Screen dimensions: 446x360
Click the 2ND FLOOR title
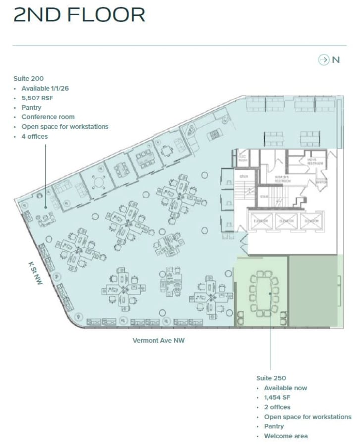click(x=79, y=15)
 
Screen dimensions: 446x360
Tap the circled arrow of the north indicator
click(x=324, y=60)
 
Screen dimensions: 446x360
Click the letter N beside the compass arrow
click(x=336, y=60)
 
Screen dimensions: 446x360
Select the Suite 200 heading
click(x=29, y=78)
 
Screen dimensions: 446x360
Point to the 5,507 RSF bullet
click(x=37, y=98)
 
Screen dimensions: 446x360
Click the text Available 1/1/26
click(x=45, y=88)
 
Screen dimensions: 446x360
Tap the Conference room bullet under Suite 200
click(x=48, y=117)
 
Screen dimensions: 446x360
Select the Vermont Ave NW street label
click(x=158, y=340)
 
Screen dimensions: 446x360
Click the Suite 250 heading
click(x=271, y=378)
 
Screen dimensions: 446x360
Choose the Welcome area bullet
click(x=286, y=436)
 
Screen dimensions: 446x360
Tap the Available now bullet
click(x=285, y=388)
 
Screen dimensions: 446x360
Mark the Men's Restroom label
click(x=314, y=162)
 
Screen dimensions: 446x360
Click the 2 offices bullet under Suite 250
click(x=277, y=407)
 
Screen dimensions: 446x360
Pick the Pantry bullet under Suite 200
click(x=31, y=107)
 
